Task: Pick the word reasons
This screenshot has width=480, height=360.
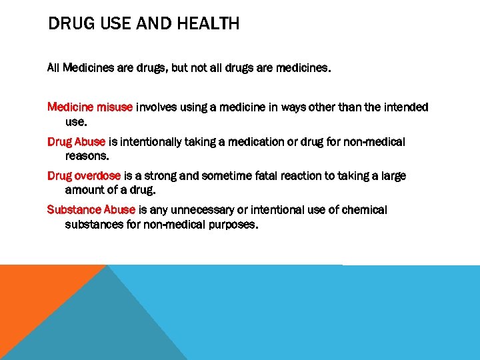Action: (x=86, y=156)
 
